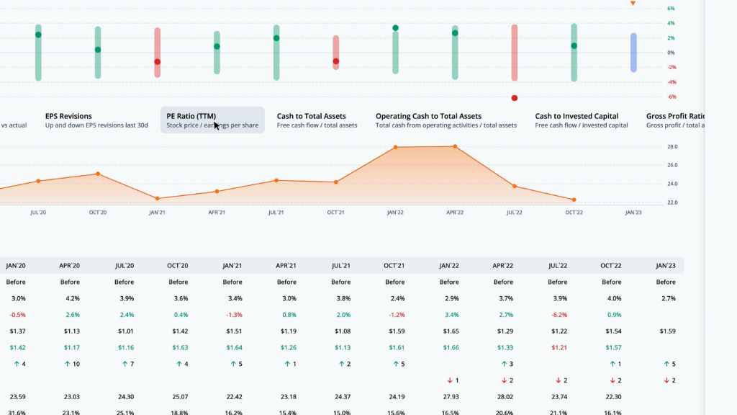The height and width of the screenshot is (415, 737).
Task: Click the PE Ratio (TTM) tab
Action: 212,120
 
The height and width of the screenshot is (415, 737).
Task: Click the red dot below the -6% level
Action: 515,98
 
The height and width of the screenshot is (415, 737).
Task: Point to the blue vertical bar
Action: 633,53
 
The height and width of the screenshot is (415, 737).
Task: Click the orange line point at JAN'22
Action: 395,147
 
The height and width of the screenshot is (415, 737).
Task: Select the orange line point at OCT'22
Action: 574,200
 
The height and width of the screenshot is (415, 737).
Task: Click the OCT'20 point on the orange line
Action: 98,174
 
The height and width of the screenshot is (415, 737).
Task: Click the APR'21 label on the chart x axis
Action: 217,213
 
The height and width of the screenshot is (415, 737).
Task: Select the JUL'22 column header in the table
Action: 557,265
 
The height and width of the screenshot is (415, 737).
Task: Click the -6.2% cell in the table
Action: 557,315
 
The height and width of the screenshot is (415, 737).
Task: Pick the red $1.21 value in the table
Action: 557,347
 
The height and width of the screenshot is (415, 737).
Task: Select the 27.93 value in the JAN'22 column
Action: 449,396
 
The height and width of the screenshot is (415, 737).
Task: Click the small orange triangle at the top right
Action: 633,4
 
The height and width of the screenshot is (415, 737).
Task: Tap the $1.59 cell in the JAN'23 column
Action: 666,331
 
